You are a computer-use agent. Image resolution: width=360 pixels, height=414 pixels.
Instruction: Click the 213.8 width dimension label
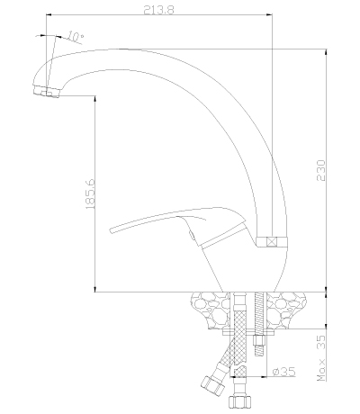pyautogui.click(x=158, y=10)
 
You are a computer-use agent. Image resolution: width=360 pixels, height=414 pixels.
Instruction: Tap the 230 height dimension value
pyautogui.click(x=321, y=170)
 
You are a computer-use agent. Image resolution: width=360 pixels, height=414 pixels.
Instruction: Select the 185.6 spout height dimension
pyautogui.click(x=90, y=193)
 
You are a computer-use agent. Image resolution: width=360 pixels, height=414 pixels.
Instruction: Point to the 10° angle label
pyautogui.click(x=75, y=36)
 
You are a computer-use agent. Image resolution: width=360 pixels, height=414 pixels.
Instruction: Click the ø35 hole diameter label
pyautogui.click(x=283, y=372)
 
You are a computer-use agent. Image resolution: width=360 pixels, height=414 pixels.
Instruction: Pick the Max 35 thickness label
pyautogui.click(x=321, y=358)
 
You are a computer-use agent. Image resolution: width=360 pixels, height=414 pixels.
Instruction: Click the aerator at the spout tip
pyautogui.click(x=47, y=91)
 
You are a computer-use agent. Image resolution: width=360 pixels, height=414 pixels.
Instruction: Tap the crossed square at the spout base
pyautogui.click(x=272, y=241)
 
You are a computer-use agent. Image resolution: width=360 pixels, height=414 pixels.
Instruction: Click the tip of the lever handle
pyautogui.click(x=111, y=230)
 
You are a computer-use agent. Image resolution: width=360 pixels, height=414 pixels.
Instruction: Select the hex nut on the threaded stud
pyautogui.click(x=259, y=340)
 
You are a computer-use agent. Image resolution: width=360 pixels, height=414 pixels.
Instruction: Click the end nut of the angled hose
pyautogui.click(x=212, y=385)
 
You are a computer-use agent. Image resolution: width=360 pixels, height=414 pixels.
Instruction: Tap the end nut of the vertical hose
pyautogui.click(x=239, y=401)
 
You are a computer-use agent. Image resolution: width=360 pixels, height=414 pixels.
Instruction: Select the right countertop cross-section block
pyautogui.click(x=285, y=309)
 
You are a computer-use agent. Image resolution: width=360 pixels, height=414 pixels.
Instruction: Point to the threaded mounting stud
pyautogui.click(x=259, y=323)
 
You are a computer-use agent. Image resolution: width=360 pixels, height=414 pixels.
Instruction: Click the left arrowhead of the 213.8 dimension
pyautogui.click(x=49, y=14)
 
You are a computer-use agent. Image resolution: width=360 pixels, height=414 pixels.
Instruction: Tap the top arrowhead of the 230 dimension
pyautogui.click(x=326, y=52)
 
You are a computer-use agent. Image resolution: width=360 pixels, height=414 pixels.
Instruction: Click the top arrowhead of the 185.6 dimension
pyautogui.click(x=94, y=99)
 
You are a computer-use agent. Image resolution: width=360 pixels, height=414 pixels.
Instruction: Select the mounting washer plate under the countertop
pyautogui.click(x=248, y=332)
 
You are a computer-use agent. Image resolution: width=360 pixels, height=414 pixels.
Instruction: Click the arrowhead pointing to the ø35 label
pyautogui.click(x=264, y=376)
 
